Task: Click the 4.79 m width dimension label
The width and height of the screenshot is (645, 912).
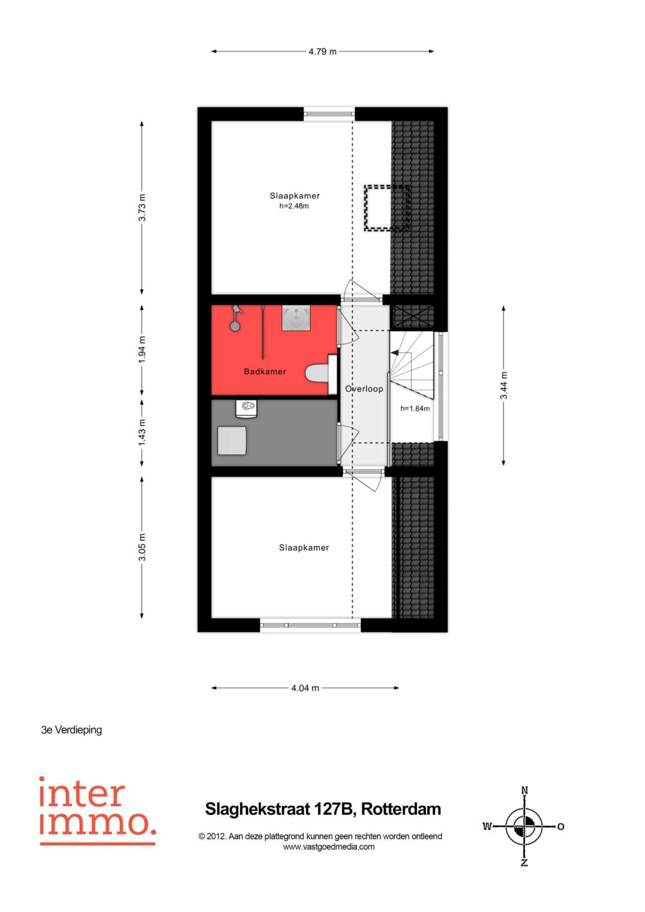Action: (322, 52)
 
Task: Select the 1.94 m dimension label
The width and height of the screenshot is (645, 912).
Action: (142, 349)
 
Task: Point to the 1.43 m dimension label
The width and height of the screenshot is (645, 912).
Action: (142, 432)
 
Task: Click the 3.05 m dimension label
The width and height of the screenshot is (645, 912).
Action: (142, 547)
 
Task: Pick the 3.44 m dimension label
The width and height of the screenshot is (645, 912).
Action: (504, 385)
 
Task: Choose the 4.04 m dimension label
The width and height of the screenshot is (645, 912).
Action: (305, 688)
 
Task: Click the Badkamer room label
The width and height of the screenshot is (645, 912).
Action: (265, 372)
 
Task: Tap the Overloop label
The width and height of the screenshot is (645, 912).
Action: (364, 389)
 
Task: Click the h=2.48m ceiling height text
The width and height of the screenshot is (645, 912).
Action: (294, 206)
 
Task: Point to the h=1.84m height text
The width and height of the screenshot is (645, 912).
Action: (415, 409)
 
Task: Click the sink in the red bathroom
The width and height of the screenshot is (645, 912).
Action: (296, 318)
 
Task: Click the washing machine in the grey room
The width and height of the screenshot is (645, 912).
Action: (247, 409)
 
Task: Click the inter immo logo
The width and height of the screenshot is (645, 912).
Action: (98, 810)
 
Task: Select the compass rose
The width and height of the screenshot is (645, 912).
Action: (524, 827)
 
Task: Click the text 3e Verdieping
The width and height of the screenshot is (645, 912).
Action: (71, 730)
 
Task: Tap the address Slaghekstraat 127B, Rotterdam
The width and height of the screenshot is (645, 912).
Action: (323, 809)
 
